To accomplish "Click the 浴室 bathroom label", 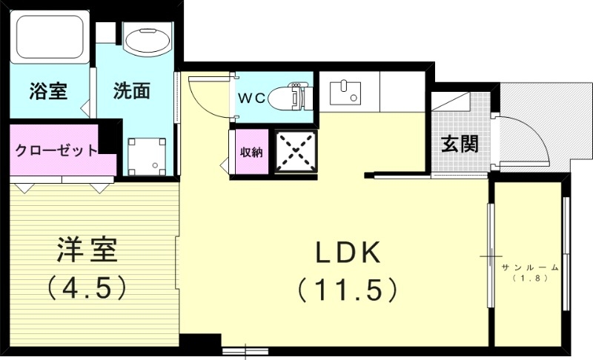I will (49, 91).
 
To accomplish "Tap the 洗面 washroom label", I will (132, 91).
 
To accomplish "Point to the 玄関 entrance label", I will (460, 144).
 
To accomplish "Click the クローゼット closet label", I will (56, 150).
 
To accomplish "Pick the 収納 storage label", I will (251, 153).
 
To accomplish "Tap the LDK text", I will (348, 254).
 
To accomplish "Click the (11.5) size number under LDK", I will (348, 289).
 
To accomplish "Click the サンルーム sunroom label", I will (529, 267).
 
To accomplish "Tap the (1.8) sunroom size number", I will (529, 279).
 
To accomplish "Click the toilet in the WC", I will (288, 97).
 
